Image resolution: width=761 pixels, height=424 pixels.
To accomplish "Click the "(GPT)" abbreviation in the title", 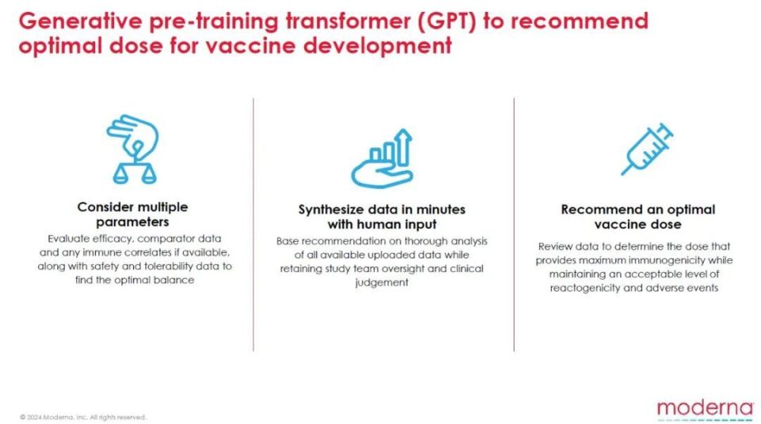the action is (x=446, y=21).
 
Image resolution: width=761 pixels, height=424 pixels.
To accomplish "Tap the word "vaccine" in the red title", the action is (x=250, y=47).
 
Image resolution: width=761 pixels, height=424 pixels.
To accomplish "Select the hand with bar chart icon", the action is (x=382, y=159).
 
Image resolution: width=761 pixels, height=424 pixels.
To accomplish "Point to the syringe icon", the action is (x=648, y=149).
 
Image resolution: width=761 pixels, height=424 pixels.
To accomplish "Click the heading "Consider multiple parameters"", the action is (x=132, y=215).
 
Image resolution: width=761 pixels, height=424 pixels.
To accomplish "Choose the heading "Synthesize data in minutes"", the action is (x=382, y=209).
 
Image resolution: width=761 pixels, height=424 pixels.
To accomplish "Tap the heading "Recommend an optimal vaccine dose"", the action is (x=637, y=217).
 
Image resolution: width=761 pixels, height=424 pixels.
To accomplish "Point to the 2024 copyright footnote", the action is (x=83, y=417).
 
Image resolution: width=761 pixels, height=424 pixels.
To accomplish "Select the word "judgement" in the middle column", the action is (x=382, y=282).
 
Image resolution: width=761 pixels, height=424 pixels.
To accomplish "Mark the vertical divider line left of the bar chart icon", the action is (x=254, y=224).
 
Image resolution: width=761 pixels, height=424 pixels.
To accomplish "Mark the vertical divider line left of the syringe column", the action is (x=514, y=224).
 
